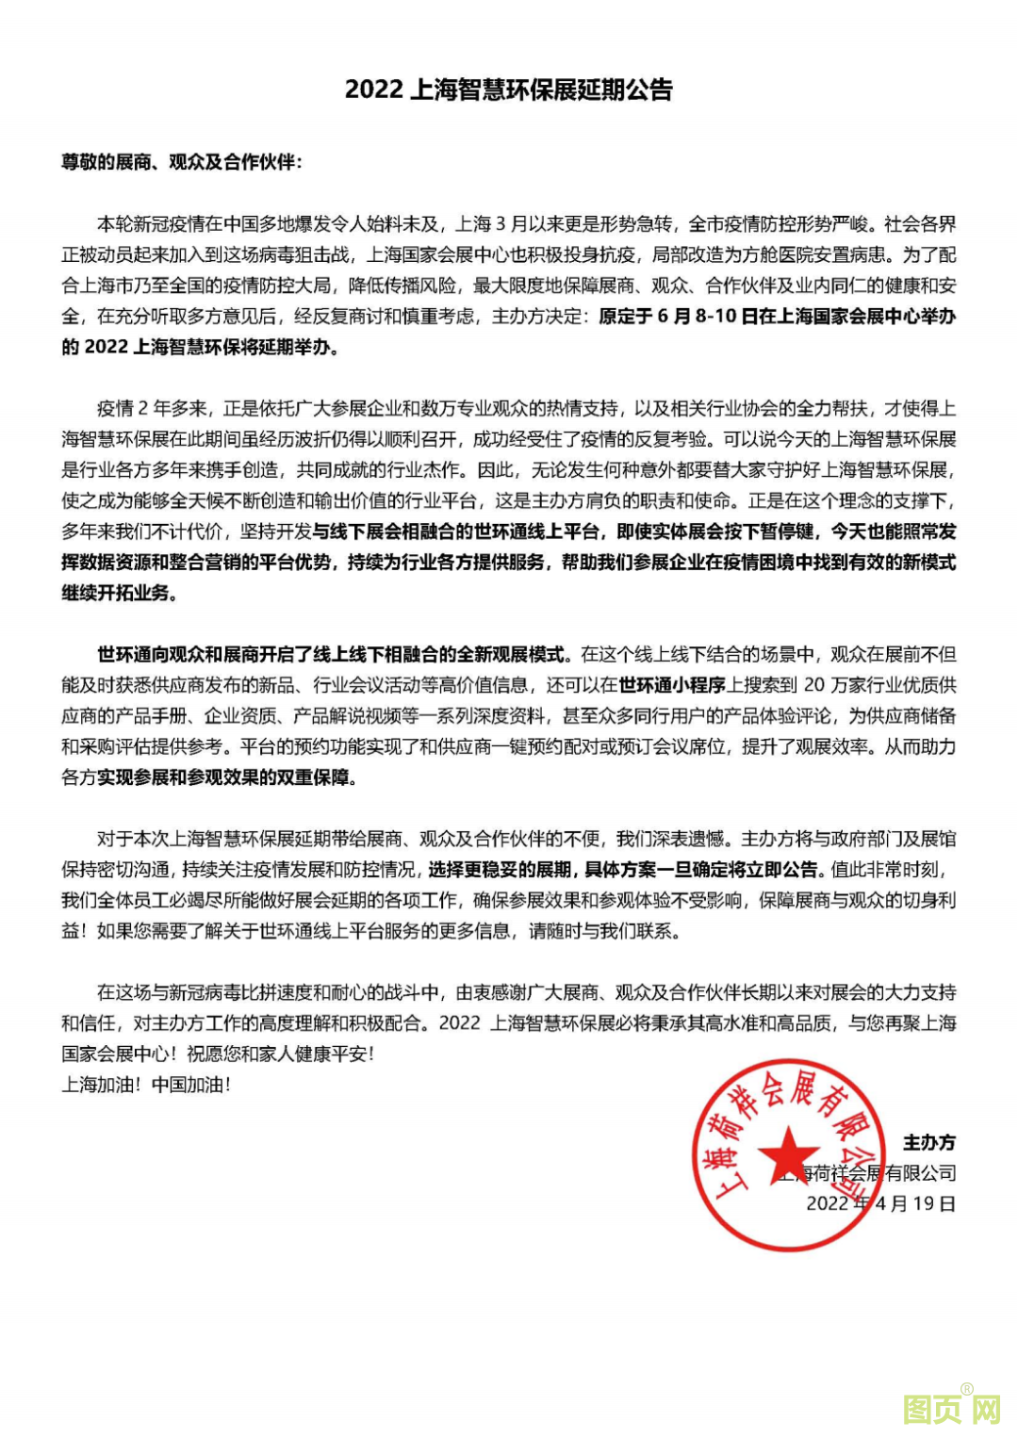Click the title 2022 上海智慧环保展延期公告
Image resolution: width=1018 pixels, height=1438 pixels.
coord(509,90)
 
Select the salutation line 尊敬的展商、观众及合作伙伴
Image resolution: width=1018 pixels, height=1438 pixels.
coord(181,162)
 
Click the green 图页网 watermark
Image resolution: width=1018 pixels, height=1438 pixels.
coord(950,1410)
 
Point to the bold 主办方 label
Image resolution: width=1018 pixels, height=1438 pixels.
coord(929,1142)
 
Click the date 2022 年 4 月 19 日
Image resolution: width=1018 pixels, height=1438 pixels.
coord(880,1203)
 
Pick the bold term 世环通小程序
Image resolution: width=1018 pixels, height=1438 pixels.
coord(672,685)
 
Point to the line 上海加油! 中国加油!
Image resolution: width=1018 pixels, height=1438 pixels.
coord(146,1085)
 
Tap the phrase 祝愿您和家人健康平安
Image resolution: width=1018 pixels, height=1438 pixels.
coord(279,1054)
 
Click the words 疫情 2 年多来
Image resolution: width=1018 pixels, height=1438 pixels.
coord(151,408)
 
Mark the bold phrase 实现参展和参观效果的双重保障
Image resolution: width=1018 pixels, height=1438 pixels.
coord(226,777)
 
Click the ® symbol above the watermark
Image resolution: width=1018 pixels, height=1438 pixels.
coord(966,1389)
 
